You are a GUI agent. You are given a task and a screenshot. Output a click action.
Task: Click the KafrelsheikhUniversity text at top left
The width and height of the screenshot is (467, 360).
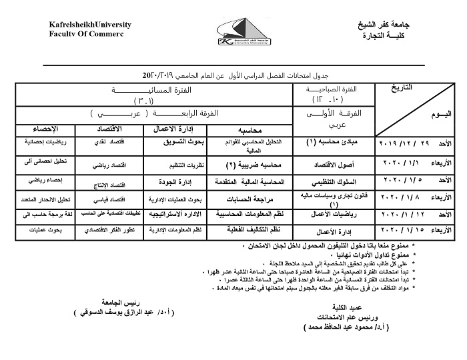(x=89, y=25)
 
